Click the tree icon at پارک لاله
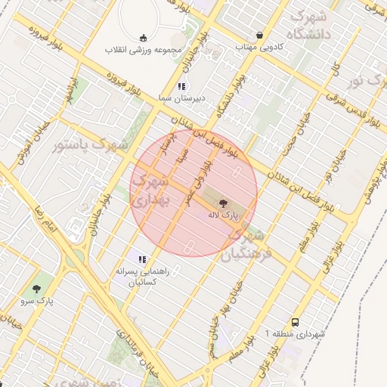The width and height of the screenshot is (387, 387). tap(224, 203)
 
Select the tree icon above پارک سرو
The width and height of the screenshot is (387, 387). tap(36, 288)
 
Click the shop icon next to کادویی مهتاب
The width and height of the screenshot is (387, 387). tap(261, 36)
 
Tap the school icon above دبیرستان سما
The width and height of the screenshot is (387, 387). tap(181, 86)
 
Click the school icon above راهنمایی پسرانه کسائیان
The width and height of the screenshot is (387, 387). tap(142, 259)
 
